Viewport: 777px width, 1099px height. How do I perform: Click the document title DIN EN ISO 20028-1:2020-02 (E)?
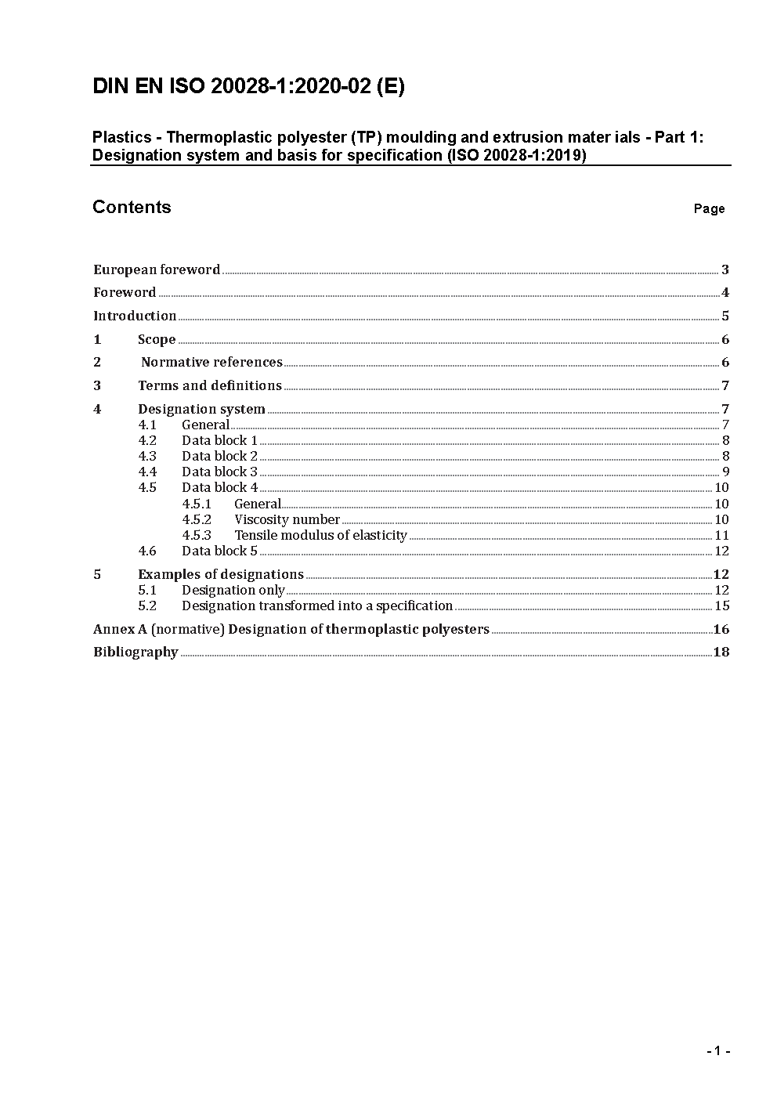(248, 87)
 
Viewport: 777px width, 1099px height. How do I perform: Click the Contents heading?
(132, 207)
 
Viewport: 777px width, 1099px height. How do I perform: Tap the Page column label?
(709, 208)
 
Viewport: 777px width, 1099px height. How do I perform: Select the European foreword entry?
(157, 269)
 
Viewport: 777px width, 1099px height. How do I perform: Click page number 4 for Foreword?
(725, 293)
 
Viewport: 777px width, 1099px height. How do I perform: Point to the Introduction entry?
(135, 316)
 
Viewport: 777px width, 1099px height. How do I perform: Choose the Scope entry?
(157, 339)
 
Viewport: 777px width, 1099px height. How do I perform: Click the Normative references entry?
(211, 362)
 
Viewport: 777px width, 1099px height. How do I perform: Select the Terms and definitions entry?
(210, 385)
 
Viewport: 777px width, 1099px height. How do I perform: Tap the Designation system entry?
(201, 409)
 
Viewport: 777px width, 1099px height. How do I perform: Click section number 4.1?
(147, 425)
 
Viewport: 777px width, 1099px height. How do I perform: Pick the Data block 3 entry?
(219, 472)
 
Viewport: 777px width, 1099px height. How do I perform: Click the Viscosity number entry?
(287, 519)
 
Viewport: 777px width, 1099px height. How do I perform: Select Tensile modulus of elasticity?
(320, 535)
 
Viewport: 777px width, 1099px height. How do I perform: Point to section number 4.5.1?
(197, 504)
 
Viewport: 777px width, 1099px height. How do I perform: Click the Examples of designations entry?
(221, 574)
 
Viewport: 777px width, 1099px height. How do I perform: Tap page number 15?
(721, 606)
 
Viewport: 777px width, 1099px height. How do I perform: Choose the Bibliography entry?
(136, 652)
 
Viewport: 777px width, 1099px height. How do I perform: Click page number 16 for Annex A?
(721, 629)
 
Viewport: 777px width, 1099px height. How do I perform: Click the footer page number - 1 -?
(718, 1051)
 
